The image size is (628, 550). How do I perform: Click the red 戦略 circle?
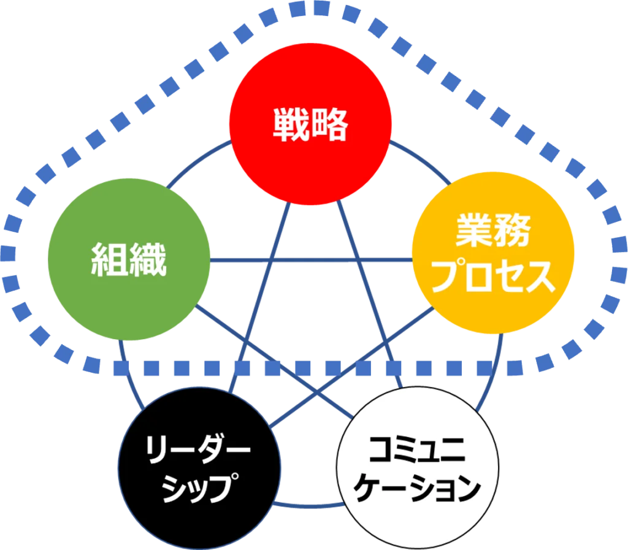[x=310, y=124]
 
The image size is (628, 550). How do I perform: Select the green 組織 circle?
[x=129, y=259]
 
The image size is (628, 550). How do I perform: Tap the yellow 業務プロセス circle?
[x=493, y=253]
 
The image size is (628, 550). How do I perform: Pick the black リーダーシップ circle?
[x=199, y=468]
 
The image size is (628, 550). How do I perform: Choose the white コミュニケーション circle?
[x=418, y=468]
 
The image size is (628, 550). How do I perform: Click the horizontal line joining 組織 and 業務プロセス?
[x=311, y=260]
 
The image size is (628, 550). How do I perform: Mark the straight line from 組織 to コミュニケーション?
[x=274, y=362]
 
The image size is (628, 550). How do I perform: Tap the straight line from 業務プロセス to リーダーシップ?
[x=351, y=367]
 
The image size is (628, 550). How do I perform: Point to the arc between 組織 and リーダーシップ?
[x=129, y=376]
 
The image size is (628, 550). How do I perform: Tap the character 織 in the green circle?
[x=148, y=259]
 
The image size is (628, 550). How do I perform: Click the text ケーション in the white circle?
[x=417, y=487]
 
